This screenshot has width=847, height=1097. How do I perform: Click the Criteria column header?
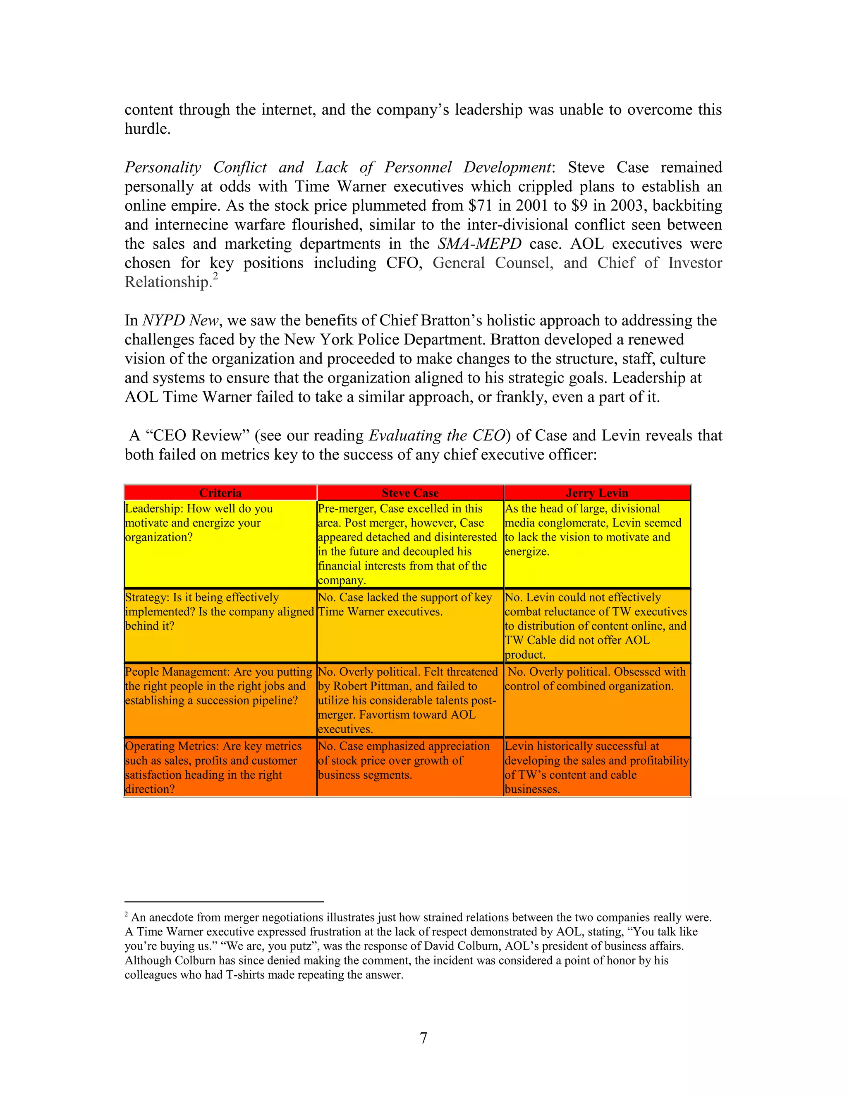click(220, 493)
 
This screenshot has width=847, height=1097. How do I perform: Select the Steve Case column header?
click(410, 493)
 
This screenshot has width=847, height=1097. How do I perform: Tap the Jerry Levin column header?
click(597, 493)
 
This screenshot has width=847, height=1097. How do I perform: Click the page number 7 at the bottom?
click(423, 1038)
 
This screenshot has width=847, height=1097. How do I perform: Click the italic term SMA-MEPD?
click(479, 243)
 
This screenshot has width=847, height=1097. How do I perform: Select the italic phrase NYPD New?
click(180, 320)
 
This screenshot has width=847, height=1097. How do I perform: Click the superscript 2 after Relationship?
click(215, 277)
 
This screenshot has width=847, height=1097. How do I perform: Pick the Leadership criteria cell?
click(220, 544)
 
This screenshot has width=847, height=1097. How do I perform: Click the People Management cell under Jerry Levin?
click(597, 700)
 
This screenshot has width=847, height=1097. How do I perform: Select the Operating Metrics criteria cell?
click(220, 767)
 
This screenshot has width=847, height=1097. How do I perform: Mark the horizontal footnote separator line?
click(224, 902)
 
